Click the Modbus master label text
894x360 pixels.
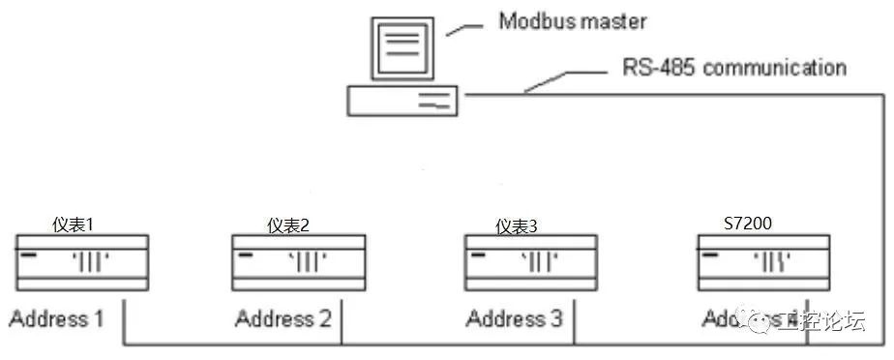572,21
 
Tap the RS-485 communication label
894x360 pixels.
734,68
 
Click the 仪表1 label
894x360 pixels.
74,225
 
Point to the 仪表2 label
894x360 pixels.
288,225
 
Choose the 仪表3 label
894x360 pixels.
517,225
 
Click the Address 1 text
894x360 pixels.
57,317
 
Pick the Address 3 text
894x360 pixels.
514,317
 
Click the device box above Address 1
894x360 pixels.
81,262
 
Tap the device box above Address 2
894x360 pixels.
298,262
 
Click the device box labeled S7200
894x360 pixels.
761,262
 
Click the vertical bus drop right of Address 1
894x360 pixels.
125,318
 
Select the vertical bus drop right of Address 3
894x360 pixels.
575,318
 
